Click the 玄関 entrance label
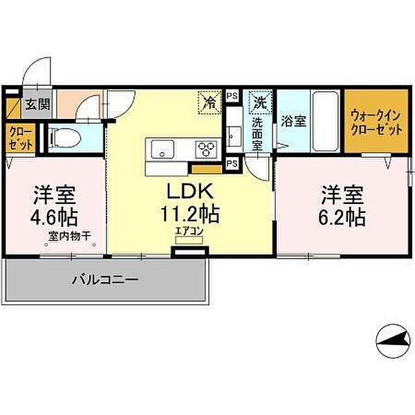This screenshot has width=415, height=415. [38, 104]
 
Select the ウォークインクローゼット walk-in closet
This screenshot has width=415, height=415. [376, 121]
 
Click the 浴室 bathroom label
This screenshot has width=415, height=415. [293, 121]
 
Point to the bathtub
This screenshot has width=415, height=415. [326, 121]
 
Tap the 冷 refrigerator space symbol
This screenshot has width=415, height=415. [210, 102]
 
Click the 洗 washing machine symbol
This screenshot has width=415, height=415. [261, 102]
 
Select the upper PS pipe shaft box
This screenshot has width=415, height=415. [232, 96]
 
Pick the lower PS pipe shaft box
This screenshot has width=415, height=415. [232, 163]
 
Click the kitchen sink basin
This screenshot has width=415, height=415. [163, 149]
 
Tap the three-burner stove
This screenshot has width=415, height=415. [206, 149]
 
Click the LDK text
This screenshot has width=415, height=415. [190, 191]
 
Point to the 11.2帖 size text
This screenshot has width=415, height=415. [190, 214]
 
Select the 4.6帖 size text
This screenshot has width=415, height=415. [54, 217]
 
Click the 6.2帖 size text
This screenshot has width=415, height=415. [342, 217]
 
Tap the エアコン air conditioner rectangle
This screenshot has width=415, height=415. [190, 240]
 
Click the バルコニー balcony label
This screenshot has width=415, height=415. [105, 279]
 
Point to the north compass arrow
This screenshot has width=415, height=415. [393, 341]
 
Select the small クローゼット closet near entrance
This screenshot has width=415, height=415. [20, 139]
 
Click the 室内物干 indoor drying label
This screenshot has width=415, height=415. [70, 236]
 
